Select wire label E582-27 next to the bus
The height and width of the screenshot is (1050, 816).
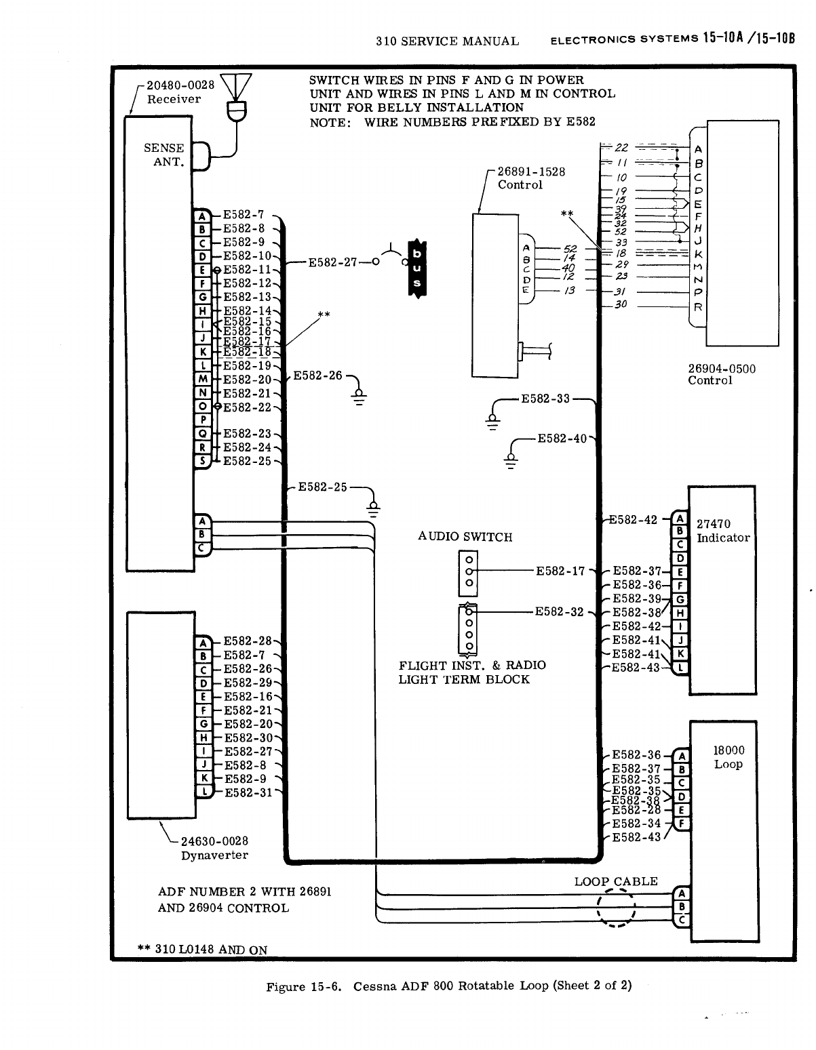[x=332, y=262]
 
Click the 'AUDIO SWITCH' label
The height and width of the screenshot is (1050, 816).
[x=465, y=537]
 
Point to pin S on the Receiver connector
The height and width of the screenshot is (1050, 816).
[x=202, y=462]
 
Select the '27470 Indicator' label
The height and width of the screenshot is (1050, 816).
[x=723, y=531]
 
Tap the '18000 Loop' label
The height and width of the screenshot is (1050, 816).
[x=728, y=757]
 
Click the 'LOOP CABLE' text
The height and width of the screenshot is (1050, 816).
[x=616, y=881]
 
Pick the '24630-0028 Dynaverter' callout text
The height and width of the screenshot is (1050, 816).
[x=214, y=848]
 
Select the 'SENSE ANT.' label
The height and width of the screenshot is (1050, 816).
[x=164, y=155]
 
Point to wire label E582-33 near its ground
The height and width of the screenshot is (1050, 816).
[x=545, y=399]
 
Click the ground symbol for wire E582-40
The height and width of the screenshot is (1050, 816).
[x=511, y=459]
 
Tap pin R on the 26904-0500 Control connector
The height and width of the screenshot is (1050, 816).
[x=698, y=307]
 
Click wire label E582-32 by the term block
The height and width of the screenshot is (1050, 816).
[x=559, y=611]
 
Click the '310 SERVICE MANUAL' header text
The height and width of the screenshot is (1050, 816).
[x=447, y=41]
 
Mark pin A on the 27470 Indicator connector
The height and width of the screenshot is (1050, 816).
[x=679, y=519]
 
